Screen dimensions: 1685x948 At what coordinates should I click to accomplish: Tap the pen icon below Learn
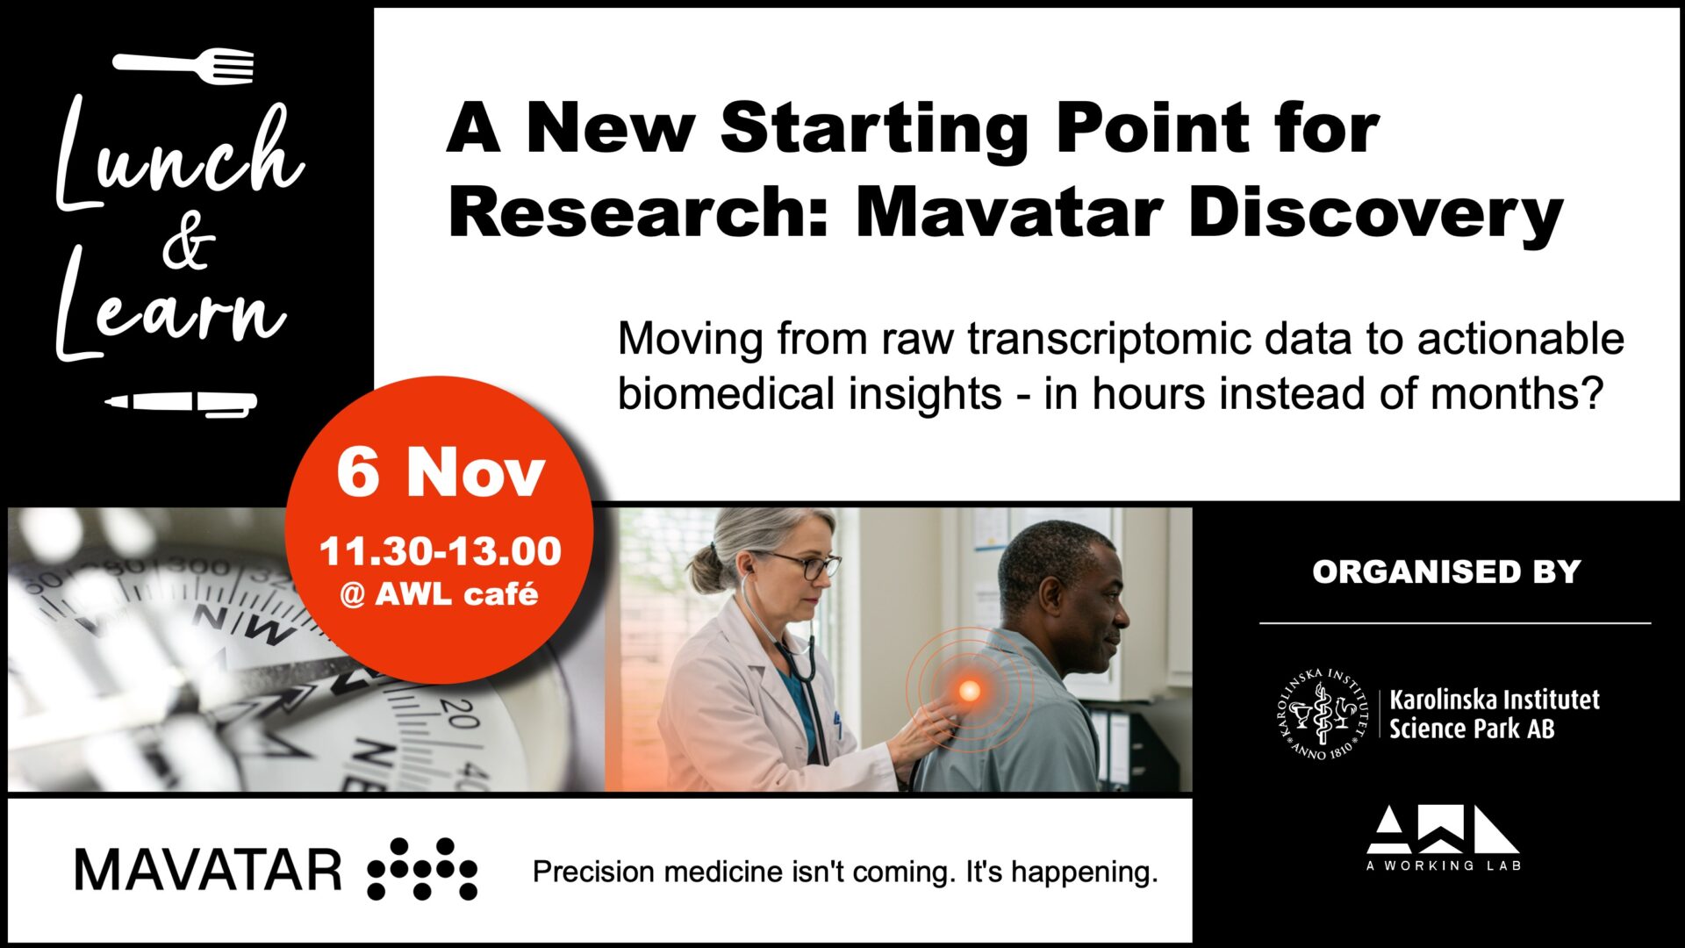(x=181, y=404)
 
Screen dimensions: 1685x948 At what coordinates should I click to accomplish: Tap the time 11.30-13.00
(x=441, y=551)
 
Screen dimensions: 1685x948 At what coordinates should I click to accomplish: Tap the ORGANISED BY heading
(x=1446, y=572)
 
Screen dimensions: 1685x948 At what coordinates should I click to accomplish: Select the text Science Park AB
(x=1472, y=729)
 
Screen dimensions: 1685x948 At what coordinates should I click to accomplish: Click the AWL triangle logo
(x=1443, y=829)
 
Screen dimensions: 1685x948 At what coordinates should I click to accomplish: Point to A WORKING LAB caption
(x=1444, y=865)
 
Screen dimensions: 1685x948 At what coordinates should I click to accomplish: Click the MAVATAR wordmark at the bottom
(x=208, y=871)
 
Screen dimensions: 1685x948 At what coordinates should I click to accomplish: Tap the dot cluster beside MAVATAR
(x=422, y=869)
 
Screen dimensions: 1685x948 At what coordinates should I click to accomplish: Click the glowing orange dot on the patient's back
(x=969, y=691)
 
